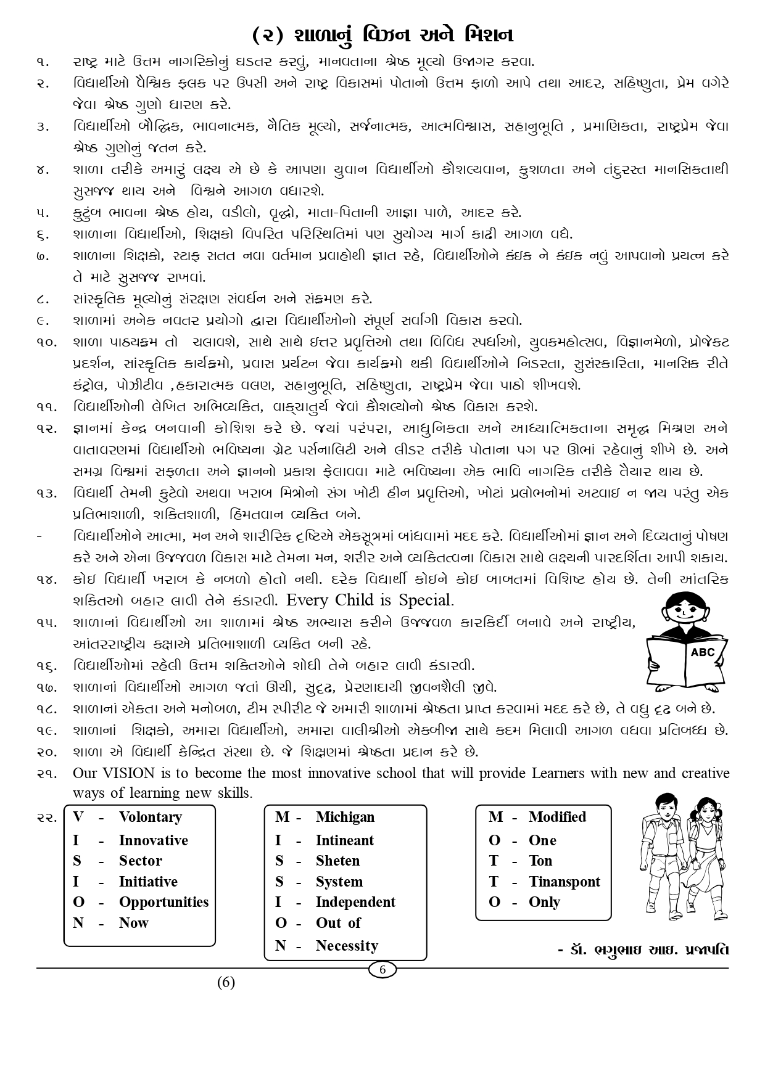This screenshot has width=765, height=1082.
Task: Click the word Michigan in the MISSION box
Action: (x=345, y=817)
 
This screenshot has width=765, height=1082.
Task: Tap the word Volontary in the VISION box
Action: (x=150, y=817)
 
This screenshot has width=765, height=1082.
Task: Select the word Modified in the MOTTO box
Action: (x=557, y=817)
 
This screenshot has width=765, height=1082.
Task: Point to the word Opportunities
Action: (x=163, y=902)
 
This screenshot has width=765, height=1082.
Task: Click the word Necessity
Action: (x=347, y=945)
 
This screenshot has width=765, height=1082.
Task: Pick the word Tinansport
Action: (x=564, y=882)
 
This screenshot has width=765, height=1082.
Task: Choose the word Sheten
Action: (x=337, y=861)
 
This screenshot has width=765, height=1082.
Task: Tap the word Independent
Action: (x=355, y=902)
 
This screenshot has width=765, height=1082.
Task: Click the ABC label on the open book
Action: (x=703, y=652)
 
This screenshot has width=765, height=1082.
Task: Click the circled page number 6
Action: (x=382, y=970)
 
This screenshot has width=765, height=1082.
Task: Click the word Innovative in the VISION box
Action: (x=153, y=840)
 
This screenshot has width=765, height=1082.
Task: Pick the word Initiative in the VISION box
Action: (x=148, y=882)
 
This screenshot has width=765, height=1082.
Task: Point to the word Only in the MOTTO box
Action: (x=544, y=902)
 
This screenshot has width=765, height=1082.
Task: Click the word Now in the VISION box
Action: (x=134, y=923)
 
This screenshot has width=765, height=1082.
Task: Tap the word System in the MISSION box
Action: (x=339, y=882)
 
